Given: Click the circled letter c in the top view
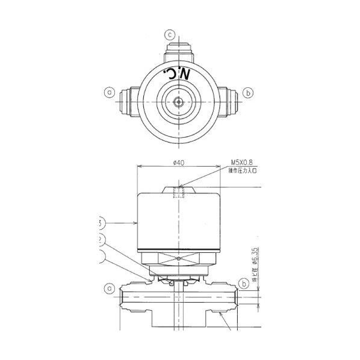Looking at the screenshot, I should pos(170,35).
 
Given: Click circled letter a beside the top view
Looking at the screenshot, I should pos(109,93).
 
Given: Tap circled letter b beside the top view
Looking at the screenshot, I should pos(247,93).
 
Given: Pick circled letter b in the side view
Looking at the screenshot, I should pos(243,283).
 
